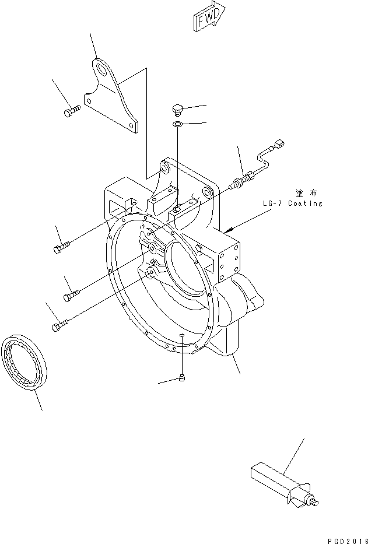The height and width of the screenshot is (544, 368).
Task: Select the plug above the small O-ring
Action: [x=178, y=109]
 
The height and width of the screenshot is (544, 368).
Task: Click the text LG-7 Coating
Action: [x=292, y=203]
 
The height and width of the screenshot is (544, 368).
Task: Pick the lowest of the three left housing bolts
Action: [x=61, y=327]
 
